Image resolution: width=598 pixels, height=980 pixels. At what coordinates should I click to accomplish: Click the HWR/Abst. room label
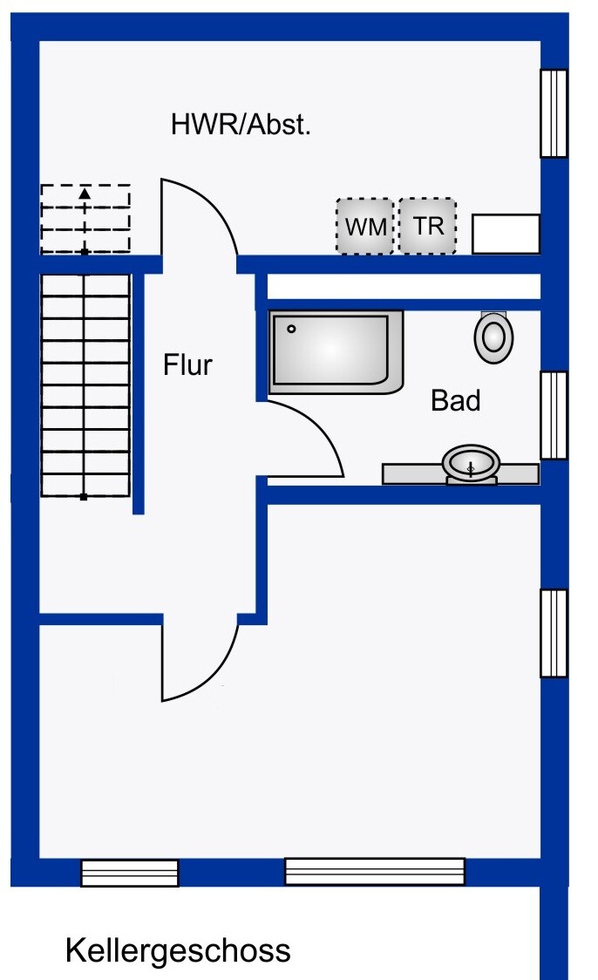click(x=241, y=125)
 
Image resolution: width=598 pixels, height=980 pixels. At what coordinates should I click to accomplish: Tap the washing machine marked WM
click(x=365, y=226)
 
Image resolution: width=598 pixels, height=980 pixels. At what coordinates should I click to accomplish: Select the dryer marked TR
click(x=427, y=226)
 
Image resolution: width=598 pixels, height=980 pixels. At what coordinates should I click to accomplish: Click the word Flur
click(x=187, y=364)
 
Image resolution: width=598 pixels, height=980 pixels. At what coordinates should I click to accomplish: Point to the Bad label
click(x=456, y=400)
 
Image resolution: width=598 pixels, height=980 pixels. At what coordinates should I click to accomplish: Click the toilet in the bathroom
click(x=493, y=337)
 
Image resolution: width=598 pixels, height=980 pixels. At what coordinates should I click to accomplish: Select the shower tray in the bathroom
click(x=336, y=352)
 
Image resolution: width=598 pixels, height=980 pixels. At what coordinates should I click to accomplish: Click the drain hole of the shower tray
click(x=291, y=329)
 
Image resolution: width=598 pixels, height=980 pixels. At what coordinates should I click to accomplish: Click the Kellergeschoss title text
click(x=178, y=950)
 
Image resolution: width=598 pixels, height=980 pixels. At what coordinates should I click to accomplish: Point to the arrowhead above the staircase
click(x=85, y=194)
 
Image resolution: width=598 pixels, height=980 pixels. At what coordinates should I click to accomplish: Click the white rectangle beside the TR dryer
click(x=506, y=234)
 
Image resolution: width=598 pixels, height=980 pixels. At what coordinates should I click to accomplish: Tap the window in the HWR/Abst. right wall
click(x=554, y=113)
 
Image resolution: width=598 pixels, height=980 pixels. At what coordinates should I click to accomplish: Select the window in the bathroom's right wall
click(x=554, y=415)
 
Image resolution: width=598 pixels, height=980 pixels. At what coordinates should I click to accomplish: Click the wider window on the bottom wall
click(x=375, y=871)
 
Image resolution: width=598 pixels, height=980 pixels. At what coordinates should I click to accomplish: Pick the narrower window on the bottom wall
click(x=130, y=873)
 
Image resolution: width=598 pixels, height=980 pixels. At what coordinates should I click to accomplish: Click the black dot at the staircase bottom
click(x=84, y=497)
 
